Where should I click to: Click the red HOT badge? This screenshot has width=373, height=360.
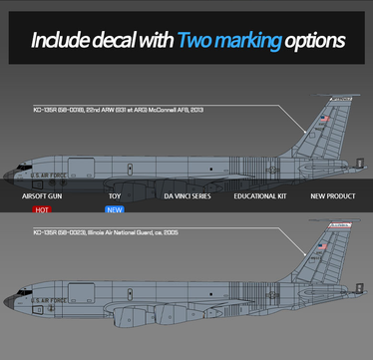click(43, 210)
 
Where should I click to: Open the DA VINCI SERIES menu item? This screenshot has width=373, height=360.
click(187, 196)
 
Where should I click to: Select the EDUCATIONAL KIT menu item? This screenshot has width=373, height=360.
click(261, 196)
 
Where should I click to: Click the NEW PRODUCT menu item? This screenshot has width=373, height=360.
click(333, 196)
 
